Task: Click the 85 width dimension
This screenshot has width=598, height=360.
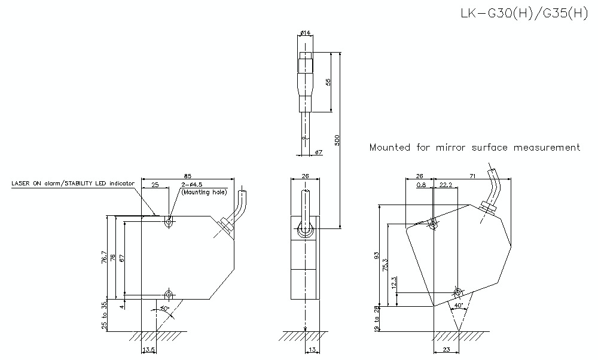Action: (187, 176)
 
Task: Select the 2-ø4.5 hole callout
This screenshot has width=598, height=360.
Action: (193, 185)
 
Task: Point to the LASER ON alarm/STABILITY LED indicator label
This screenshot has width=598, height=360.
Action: (72, 184)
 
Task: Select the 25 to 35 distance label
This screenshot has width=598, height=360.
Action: (104, 315)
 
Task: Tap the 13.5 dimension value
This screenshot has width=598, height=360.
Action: (148, 350)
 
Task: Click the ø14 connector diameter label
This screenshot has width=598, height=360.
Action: (304, 32)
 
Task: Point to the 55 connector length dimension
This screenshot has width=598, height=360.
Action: (328, 83)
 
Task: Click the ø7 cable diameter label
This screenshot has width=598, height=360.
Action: (318, 152)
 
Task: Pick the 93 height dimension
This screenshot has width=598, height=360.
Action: (377, 255)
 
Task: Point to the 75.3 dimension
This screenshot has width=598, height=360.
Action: (386, 264)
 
